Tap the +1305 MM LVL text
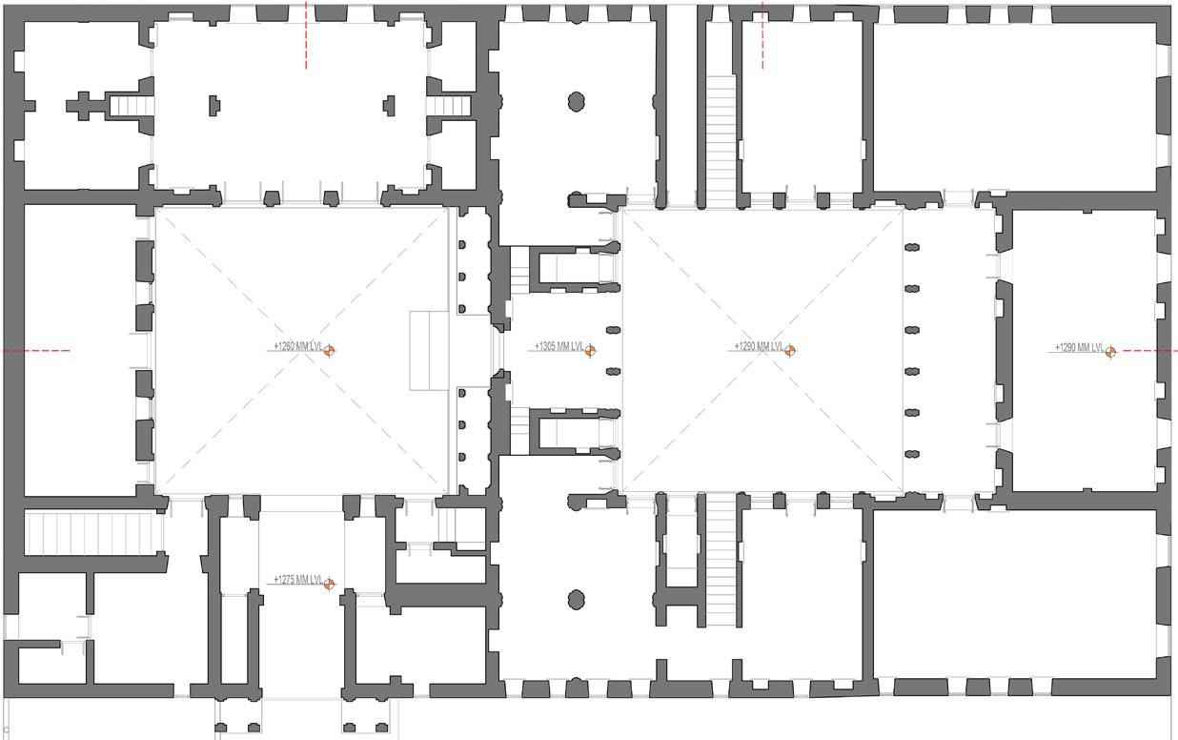point(558,346)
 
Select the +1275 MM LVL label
point(296,579)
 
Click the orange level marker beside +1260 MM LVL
point(329,351)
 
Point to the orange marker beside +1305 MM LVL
point(590,351)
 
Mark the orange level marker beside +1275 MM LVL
point(329,584)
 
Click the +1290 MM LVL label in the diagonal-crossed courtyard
point(758,346)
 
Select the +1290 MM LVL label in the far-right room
point(1078,346)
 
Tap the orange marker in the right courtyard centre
point(789,351)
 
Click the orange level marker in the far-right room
point(1110,351)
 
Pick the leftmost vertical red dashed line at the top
point(306,35)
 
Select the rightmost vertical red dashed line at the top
point(762,35)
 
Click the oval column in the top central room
point(576,101)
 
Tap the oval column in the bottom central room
point(576,599)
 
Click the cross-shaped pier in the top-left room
point(83,104)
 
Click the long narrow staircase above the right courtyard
point(721,139)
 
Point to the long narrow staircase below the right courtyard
point(721,559)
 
